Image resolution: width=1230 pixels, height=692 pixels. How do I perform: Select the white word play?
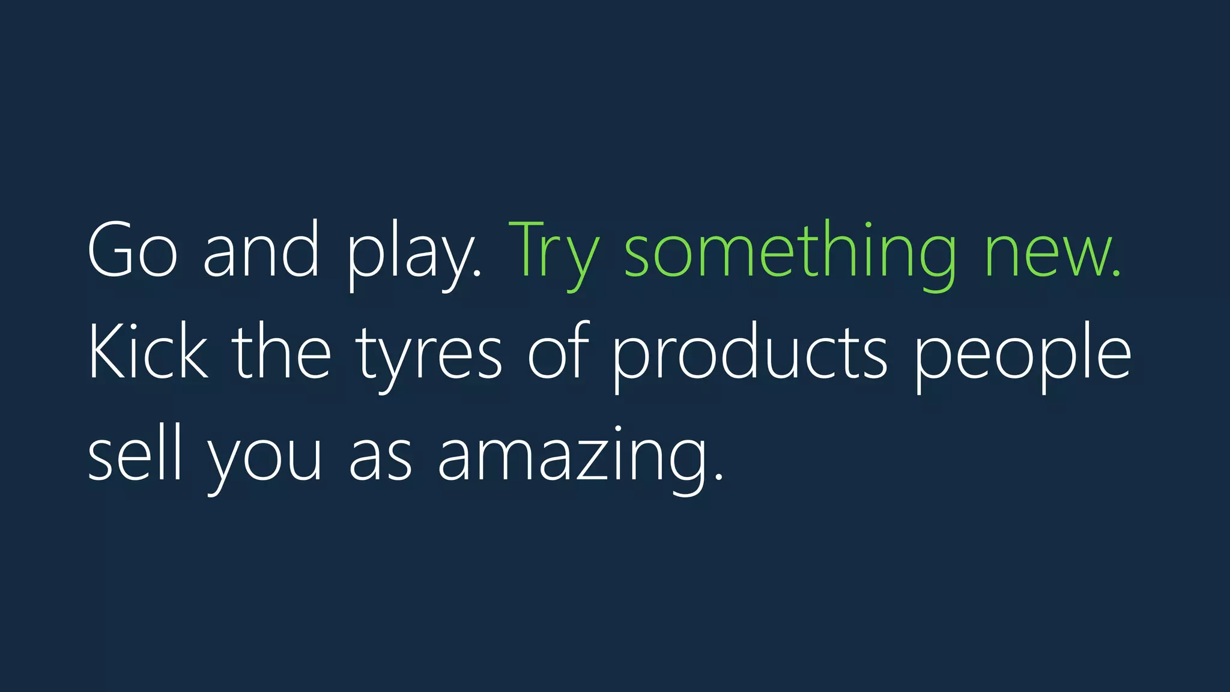coord(413,255)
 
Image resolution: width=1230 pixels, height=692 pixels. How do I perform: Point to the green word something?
coord(790,255)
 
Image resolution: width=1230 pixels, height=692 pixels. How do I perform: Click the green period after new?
coord(1116,274)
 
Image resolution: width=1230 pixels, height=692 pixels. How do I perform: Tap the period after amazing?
coord(719,478)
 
